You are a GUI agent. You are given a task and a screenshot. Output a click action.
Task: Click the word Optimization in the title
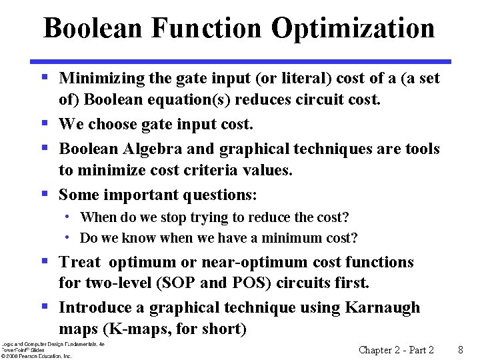pos(353,29)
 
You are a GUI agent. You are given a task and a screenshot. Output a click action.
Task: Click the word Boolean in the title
pos(93,29)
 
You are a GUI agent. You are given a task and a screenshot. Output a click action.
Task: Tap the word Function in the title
pos(207,29)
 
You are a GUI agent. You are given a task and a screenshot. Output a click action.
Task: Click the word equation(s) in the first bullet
pos(202,100)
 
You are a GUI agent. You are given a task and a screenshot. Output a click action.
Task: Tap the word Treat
pos(79,263)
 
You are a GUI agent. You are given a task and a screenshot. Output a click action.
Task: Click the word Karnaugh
pos(383,307)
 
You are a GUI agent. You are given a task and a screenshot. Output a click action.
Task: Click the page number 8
pos(461,349)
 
